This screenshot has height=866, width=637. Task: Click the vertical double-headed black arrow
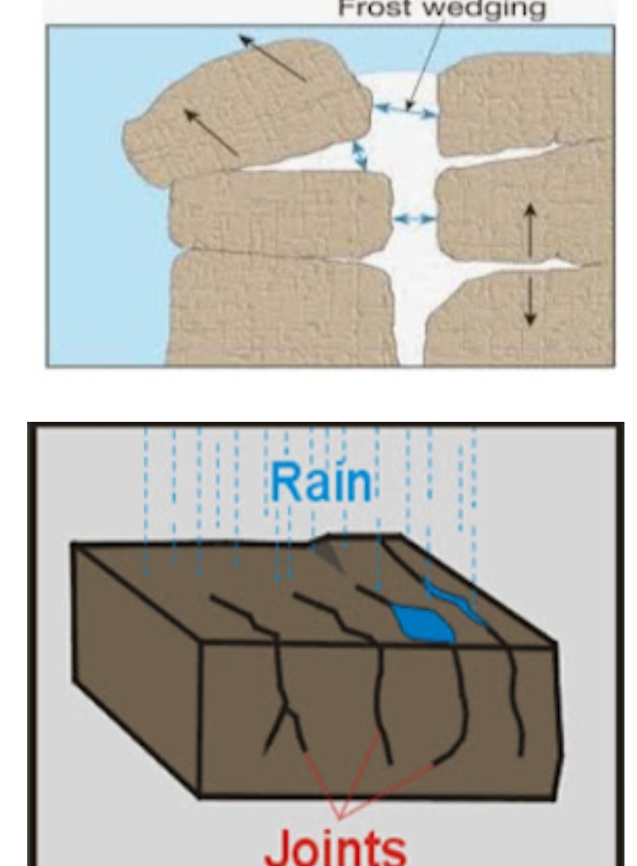(x=530, y=265)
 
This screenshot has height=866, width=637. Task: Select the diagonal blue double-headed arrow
(x=361, y=155)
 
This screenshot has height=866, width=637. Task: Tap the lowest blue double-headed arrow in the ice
(x=414, y=219)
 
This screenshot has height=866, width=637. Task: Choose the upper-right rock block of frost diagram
(x=522, y=97)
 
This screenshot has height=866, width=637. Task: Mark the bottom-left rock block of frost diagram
(x=278, y=306)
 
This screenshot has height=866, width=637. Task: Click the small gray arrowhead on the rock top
(x=330, y=557)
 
